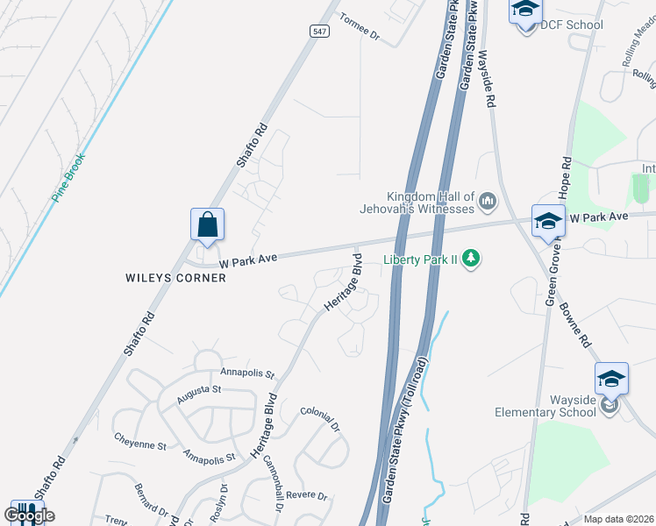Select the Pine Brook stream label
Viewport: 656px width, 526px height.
pos(68,178)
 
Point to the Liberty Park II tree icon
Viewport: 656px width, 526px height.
pos(473,258)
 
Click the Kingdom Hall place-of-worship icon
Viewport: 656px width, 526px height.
pos(488,203)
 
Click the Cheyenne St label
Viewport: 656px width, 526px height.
pos(139,444)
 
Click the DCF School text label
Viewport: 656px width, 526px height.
pos(571,25)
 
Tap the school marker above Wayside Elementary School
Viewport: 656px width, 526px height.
pos(611,380)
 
